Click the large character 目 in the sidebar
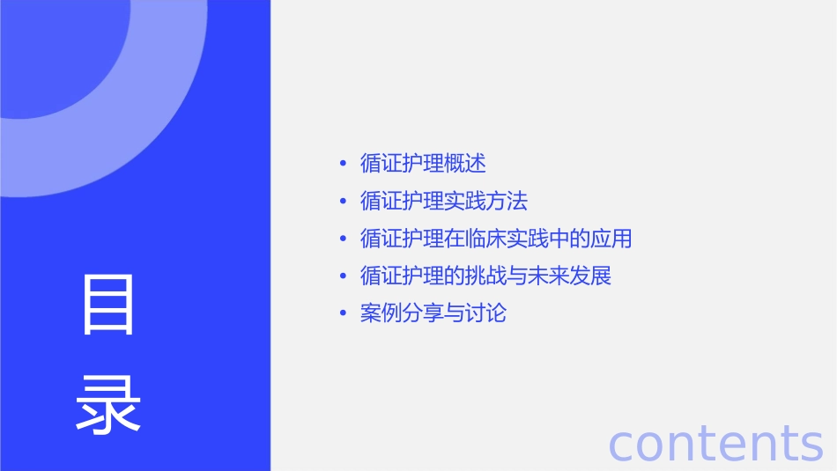108,305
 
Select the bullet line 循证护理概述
423,163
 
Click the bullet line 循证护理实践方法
444,201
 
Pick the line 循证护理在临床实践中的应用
496,239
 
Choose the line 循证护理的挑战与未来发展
485,276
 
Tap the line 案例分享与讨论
433,313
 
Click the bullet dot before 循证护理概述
343,164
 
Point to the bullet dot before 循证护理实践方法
343,202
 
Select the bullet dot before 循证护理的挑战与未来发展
343,276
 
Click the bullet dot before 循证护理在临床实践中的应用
343,239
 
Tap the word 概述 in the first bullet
465,163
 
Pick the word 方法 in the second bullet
507,201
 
